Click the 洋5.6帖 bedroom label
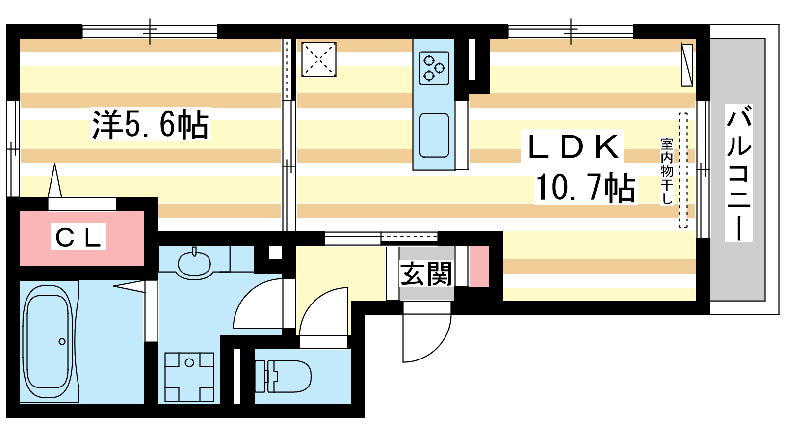click(x=150, y=125)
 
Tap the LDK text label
click(x=573, y=147)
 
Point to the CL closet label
click(x=78, y=237)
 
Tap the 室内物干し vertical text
click(x=667, y=171)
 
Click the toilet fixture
click(x=283, y=376)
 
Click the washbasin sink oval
click(x=194, y=264)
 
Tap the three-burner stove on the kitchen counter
click(x=434, y=68)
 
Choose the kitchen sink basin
click(x=434, y=135)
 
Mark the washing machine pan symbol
click(x=189, y=377)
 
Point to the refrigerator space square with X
click(x=318, y=59)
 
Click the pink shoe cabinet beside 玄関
click(x=479, y=266)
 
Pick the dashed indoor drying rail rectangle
click(x=683, y=170)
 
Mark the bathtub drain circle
click(x=62, y=341)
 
